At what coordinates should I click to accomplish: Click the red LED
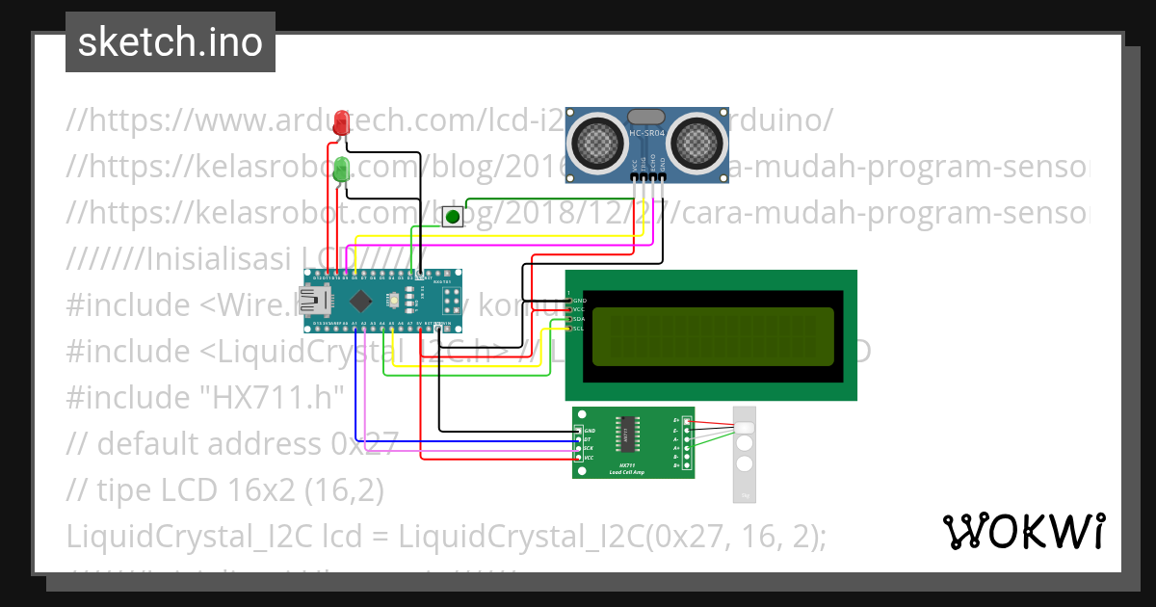341,123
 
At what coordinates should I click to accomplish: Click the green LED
341,172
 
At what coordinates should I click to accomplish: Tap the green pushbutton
452,217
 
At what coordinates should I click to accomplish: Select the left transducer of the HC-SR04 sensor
599,143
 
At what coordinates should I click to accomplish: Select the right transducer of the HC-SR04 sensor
696,143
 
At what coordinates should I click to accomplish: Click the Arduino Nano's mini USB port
311,300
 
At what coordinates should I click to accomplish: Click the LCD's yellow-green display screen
713,336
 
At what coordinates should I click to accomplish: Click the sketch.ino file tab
171,42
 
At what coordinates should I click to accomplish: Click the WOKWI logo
1023,531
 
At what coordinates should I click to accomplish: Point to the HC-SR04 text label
644,132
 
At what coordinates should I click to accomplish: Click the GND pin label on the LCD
580,301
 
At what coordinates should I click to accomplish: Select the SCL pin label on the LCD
580,329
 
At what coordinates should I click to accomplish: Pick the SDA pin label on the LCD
580,319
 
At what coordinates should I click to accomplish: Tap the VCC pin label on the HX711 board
590,458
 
